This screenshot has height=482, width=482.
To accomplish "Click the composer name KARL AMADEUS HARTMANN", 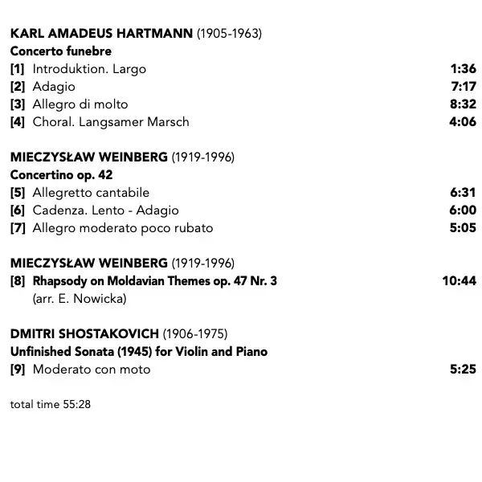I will pos(101,34).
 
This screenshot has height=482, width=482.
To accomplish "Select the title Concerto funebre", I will pos(61,51).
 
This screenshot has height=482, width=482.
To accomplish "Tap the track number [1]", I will pos(18,69).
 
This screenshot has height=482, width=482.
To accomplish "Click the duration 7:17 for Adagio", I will pos(463,87).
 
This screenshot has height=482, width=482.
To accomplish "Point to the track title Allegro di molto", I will pos(80,104).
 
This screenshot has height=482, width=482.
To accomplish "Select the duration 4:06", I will pos(463,122).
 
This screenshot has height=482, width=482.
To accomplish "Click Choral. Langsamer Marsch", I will pos(111,122).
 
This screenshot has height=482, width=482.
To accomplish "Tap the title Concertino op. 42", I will pos(62,175).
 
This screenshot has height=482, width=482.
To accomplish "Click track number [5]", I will pos(18,193).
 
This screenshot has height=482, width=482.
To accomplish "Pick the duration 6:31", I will pos(463,193).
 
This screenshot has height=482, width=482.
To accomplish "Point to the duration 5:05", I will pos(463,228).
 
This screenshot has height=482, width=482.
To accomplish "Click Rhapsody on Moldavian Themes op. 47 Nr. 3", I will pos(155,281).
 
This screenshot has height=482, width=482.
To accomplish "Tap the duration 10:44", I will pos(460,281).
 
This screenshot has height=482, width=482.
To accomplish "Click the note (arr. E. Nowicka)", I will pos(80,299).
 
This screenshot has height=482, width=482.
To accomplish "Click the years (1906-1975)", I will pos(195,334).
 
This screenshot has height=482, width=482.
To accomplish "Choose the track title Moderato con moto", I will pos(92,370).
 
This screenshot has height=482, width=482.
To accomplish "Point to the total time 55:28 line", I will pos(51,404).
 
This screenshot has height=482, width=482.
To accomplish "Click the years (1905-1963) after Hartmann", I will pos(229,34).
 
